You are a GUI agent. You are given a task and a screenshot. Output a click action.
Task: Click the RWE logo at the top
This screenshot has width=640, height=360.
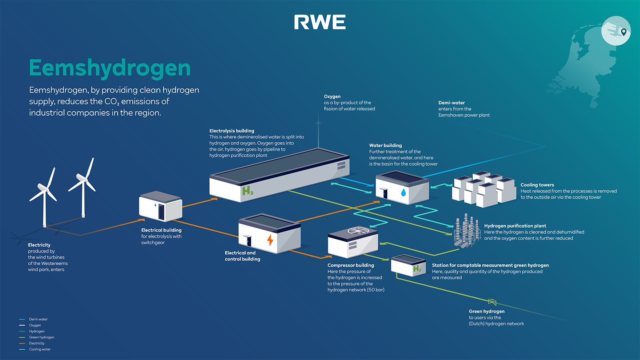pos(320,22)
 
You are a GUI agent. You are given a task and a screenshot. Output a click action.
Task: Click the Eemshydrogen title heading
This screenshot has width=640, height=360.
pos(110,68)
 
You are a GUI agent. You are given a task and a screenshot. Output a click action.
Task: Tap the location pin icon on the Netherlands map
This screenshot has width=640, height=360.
pos(624,32)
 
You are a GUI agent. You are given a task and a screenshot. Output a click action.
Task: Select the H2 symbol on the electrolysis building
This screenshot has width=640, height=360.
pos(248,191)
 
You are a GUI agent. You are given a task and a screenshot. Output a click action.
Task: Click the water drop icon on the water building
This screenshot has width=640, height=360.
pos(403,193)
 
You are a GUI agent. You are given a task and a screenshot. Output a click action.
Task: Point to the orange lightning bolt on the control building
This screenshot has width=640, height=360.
pos(270,240)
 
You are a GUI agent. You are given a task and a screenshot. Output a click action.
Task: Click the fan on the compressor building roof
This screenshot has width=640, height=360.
pos(358,230)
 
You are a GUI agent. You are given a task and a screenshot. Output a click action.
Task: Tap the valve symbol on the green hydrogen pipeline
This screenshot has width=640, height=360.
pos(492,302)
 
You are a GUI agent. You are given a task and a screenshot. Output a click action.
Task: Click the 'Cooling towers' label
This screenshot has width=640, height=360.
pos(537,185)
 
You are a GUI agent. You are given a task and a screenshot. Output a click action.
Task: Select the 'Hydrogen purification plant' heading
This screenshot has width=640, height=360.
pos(515,226)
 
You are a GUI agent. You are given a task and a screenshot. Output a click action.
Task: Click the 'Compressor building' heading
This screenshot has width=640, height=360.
pos(350,265)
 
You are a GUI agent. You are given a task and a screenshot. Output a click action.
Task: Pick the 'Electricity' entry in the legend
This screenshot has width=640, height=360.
pos(36,343)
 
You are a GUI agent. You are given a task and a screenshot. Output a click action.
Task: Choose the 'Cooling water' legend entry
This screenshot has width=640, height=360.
pos(40,349)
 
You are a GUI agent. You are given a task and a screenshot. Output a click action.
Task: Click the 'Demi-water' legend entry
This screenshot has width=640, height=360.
pos(38,319)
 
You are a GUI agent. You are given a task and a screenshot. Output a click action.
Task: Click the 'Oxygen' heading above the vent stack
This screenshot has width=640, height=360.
pos(332,96)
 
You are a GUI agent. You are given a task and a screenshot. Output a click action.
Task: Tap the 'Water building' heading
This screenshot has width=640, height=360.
pos(385,146)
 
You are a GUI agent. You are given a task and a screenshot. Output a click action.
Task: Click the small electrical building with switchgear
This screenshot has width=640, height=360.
pos(160,206)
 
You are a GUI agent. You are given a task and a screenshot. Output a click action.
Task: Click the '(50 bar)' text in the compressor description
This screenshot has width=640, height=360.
pos(376,290)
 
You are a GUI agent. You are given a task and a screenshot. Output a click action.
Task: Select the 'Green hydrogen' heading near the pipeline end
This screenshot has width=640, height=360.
pos(486,311)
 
